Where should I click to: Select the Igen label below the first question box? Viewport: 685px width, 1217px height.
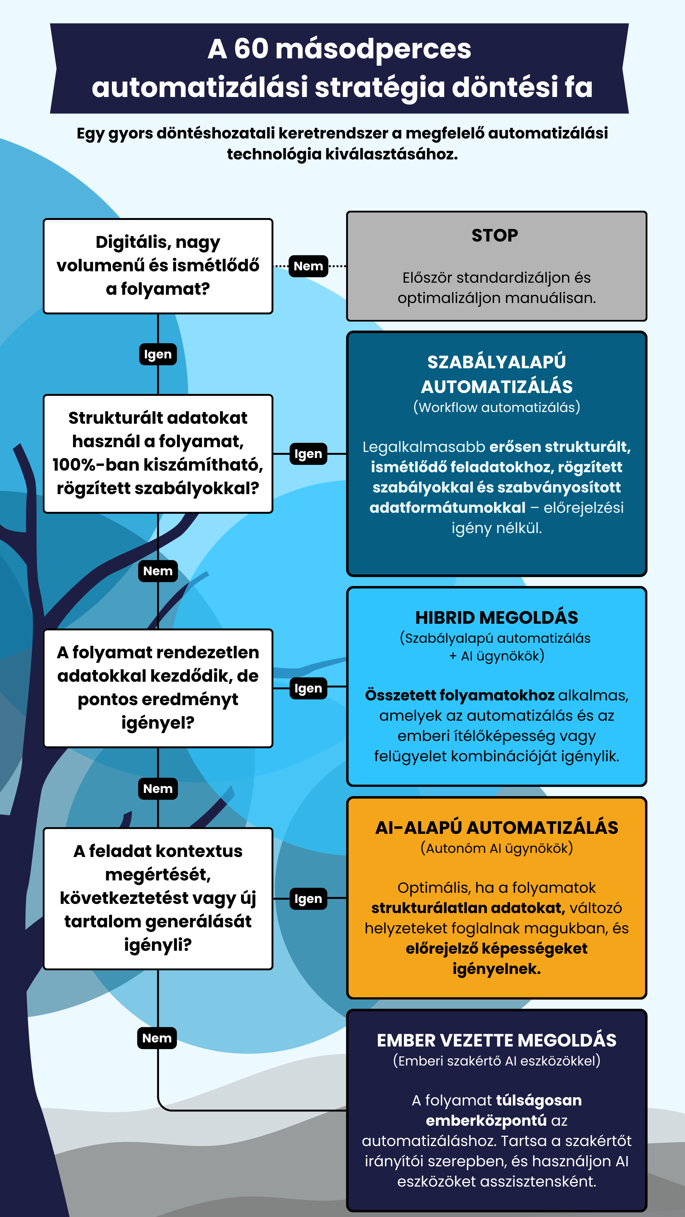click(x=158, y=354)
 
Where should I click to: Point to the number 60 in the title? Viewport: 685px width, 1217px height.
click(x=251, y=49)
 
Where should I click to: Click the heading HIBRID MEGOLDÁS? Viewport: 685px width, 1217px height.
click(x=496, y=617)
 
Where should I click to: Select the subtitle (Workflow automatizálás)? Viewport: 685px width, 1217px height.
click(x=496, y=407)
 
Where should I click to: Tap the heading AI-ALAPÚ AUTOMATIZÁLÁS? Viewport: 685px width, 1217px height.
click(x=496, y=828)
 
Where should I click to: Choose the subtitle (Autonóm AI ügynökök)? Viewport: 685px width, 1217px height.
click(x=496, y=848)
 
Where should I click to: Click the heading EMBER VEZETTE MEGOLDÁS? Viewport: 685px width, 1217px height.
click(x=496, y=1040)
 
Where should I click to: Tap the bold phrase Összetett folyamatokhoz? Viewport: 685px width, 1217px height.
click(x=460, y=695)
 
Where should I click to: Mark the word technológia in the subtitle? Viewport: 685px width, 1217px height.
click(x=274, y=154)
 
